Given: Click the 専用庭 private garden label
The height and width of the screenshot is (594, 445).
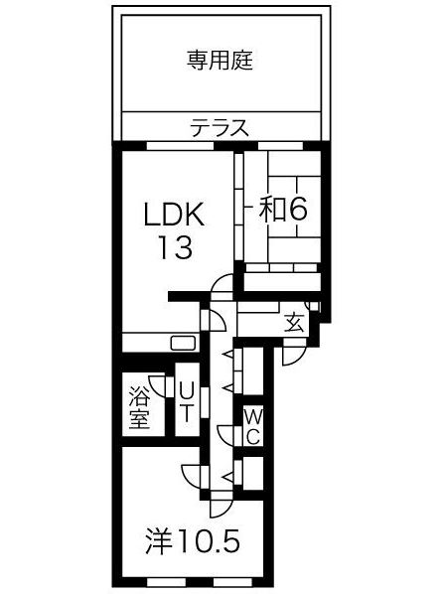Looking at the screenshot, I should click(221, 61).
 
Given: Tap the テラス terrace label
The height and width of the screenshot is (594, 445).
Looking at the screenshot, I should click(220, 128).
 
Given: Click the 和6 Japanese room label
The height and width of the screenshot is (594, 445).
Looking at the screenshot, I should click(284, 208).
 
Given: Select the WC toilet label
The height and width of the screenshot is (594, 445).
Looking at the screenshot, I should click(252, 424).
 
